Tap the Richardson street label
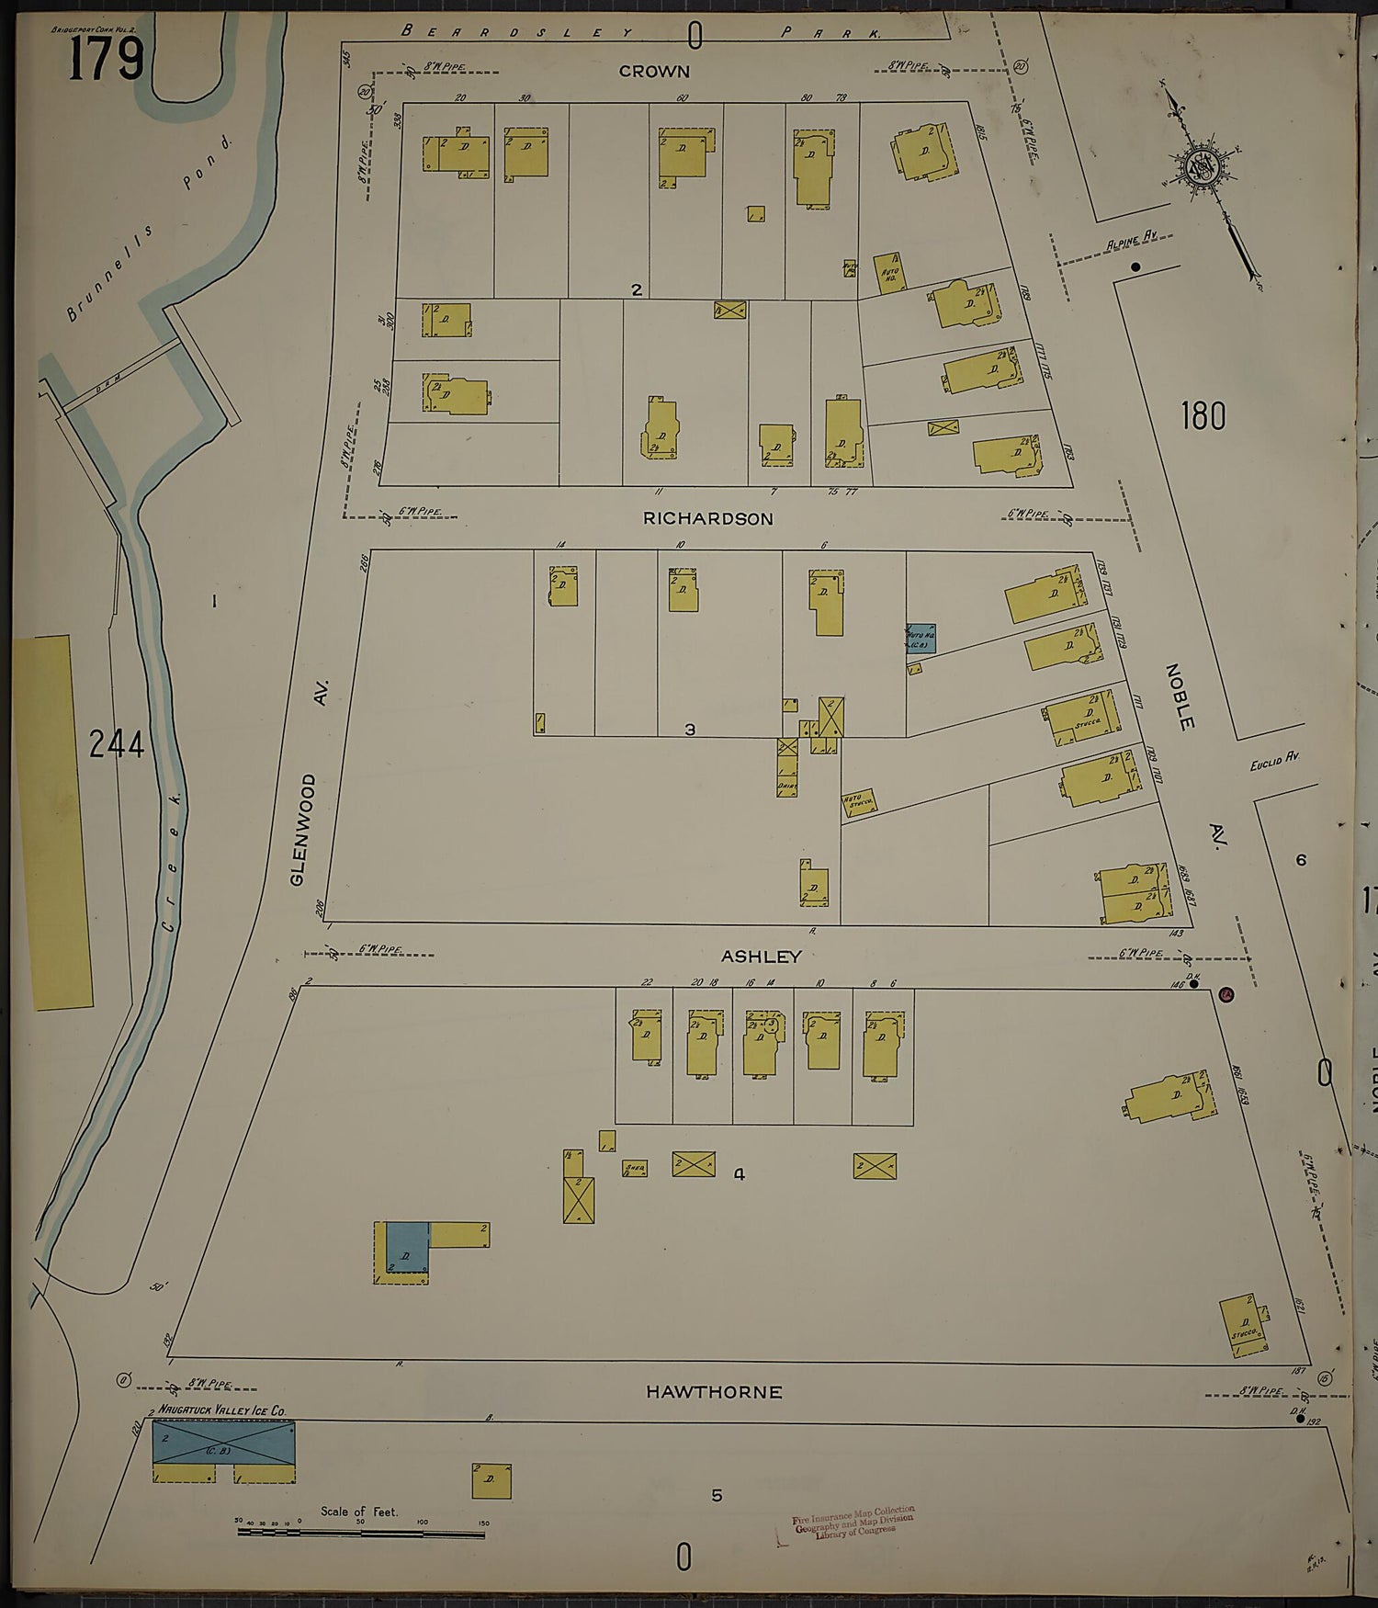[707, 519]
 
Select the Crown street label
[654, 72]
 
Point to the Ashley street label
[762, 957]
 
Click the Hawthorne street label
[714, 1392]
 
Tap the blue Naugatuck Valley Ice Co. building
[223, 1443]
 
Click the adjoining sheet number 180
[1203, 416]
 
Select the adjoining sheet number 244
[117, 743]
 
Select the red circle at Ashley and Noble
[1226, 994]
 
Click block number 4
[739, 1173]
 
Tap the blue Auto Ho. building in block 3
[920, 638]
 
